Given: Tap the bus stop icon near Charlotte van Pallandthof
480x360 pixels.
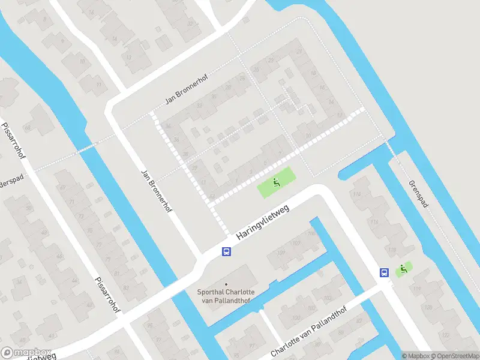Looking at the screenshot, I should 384,272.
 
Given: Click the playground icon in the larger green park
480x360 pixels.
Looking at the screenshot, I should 277,182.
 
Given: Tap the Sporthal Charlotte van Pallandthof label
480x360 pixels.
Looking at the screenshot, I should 226,296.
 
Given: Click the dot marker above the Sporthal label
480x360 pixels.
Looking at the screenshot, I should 226,284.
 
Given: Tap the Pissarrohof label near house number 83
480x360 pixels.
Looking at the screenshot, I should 108,295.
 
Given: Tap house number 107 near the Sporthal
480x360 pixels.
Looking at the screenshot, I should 296,243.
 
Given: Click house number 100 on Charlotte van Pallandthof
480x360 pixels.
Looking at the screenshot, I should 296,317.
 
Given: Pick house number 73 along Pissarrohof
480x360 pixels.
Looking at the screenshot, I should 80,214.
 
